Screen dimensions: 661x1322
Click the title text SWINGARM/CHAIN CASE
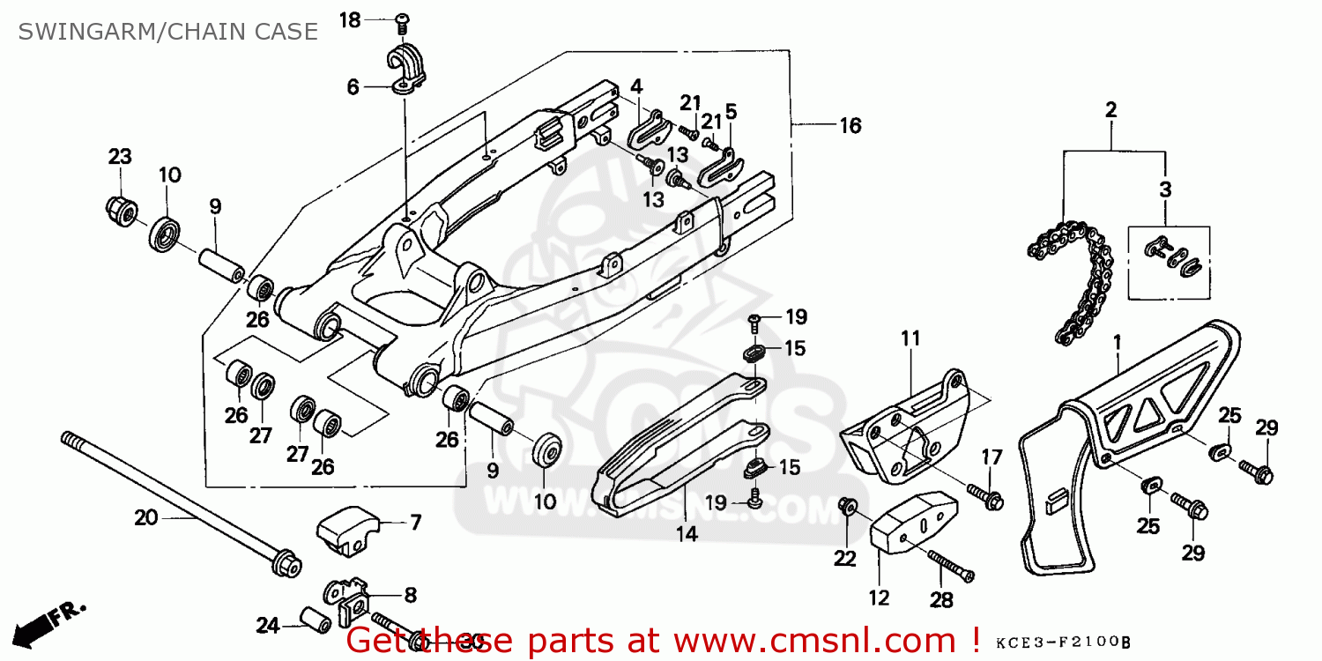click(x=167, y=32)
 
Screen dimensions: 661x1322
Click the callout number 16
click(x=850, y=126)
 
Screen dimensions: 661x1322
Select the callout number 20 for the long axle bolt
click(x=146, y=517)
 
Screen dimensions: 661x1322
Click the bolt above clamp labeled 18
click(x=404, y=20)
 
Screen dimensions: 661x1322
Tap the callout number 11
click(x=910, y=338)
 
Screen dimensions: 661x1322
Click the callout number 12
click(x=879, y=598)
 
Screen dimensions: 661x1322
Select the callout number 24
click(x=268, y=627)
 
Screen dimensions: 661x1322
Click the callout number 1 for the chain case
click(x=1117, y=339)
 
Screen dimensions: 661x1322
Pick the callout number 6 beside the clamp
click(x=353, y=86)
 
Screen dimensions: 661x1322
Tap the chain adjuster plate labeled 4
click(x=650, y=130)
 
